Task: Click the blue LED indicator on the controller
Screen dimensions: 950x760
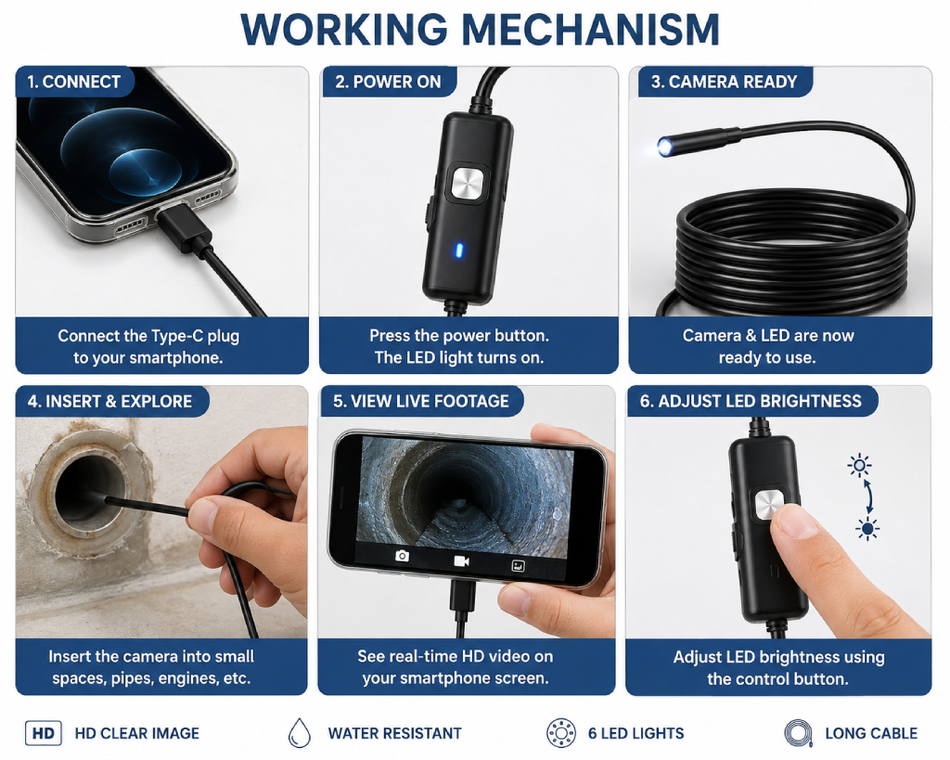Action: coord(458,250)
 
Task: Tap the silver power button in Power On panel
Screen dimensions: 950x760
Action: coord(468,183)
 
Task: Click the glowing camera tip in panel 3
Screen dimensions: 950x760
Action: coord(664,148)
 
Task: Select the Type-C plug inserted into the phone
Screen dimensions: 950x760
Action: coord(179,226)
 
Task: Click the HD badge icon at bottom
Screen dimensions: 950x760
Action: coord(43,733)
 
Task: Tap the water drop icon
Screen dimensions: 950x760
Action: coord(300,733)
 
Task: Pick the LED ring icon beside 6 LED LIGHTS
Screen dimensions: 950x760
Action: coord(560,733)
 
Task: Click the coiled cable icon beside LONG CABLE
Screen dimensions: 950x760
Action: coord(798,733)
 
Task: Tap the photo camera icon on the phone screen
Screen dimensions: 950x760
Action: coord(402,556)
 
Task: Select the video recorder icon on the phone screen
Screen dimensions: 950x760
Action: coord(462,561)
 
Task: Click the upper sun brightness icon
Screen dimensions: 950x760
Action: coord(859,466)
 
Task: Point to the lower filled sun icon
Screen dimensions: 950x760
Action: coord(867,529)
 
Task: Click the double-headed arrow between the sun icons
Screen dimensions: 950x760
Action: coord(868,497)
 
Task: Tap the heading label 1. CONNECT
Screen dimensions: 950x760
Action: coord(74,82)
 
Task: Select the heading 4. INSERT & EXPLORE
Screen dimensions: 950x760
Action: coord(109,401)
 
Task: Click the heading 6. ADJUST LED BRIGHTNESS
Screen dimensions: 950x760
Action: coord(750,401)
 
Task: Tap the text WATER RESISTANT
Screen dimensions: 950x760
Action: coord(395,733)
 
